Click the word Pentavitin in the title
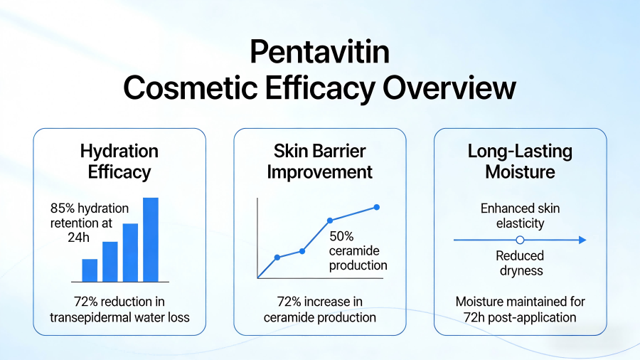[x=319, y=53]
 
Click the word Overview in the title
[x=449, y=88]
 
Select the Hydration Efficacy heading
[x=119, y=162]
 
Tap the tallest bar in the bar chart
[x=151, y=239]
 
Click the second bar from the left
[x=110, y=261]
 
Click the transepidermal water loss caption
[x=119, y=309]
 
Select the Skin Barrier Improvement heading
[x=319, y=162]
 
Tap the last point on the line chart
[x=377, y=207]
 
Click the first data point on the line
[x=277, y=257]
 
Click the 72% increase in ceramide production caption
[x=319, y=309]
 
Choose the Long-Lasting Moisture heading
[x=520, y=162]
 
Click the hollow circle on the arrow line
[x=520, y=240]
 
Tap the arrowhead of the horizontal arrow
[x=582, y=240]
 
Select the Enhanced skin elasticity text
[x=520, y=216]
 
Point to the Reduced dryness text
[x=520, y=263]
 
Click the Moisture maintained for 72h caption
[x=520, y=309]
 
